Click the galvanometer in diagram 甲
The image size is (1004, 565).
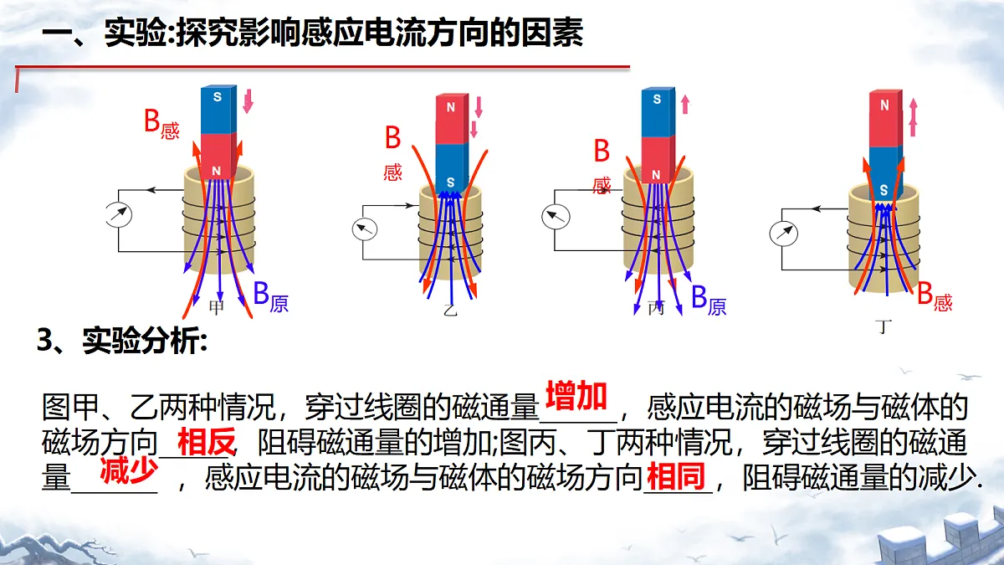tap(119, 215)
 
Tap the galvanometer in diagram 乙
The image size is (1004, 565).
tap(365, 229)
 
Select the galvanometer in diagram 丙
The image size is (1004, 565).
tap(556, 217)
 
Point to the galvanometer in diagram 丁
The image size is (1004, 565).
tap(783, 234)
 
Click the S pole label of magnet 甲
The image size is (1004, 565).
tap(218, 97)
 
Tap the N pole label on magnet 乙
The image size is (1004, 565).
tap(451, 107)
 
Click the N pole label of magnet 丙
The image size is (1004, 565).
tap(656, 175)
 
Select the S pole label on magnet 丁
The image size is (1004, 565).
tap(884, 190)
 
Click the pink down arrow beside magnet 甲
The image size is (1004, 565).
tap(248, 101)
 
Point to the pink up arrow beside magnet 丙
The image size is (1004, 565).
tap(685, 105)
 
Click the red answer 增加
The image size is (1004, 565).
tap(576, 396)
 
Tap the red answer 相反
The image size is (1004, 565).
tap(206, 442)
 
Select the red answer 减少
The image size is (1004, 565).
tap(129, 470)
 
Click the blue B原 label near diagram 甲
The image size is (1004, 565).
tap(271, 296)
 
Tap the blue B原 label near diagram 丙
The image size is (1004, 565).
tap(709, 300)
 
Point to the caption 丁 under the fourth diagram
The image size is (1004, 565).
tap(884, 327)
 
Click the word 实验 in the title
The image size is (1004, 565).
tap(136, 33)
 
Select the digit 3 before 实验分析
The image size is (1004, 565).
tap(46, 340)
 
